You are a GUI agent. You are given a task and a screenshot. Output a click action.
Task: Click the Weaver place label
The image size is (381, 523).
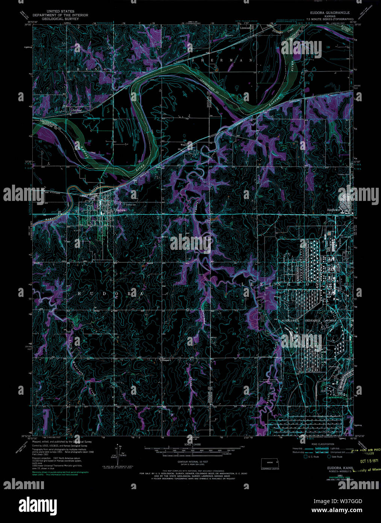[184, 144]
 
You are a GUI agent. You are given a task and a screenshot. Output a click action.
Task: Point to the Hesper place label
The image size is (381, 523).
[166, 360]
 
